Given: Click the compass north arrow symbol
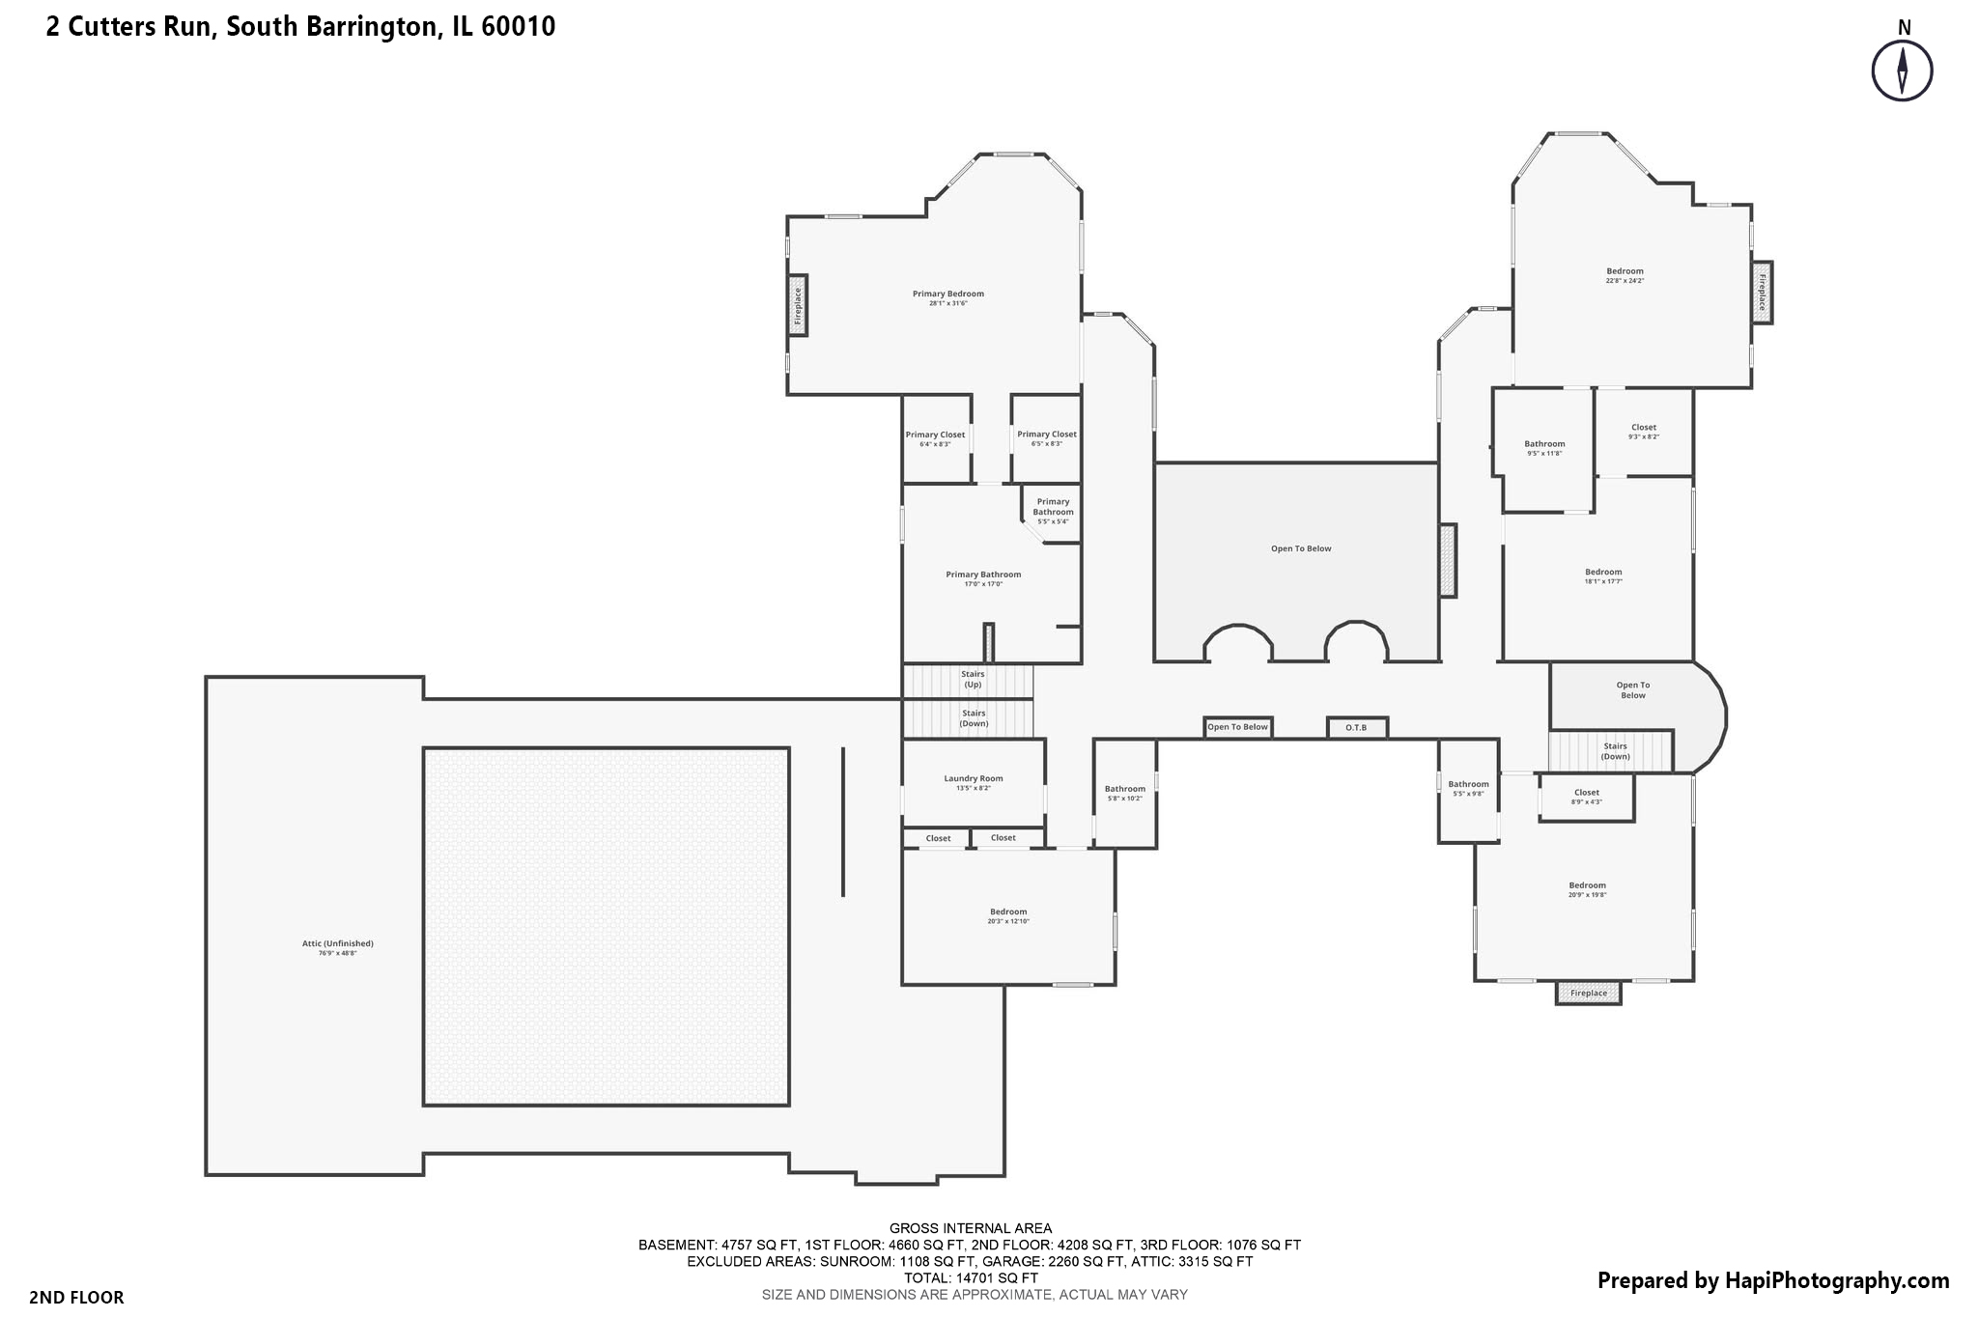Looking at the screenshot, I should tap(1902, 70).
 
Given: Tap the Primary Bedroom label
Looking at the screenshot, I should tap(947, 294).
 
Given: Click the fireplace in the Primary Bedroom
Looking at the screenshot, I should tap(798, 306).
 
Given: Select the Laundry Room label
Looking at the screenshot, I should tap(973, 779).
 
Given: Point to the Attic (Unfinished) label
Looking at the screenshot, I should tap(337, 944).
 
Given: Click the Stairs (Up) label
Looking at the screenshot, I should tap(972, 679).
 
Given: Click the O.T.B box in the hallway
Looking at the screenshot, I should tap(1356, 728).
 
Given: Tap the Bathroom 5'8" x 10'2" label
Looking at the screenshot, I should tap(1124, 790).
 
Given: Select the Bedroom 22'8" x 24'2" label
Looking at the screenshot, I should tap(1625, 272).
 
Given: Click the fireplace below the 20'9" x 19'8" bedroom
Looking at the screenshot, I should tap(1588, 994).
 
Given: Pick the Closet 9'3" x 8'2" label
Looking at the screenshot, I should tap(1643, 428).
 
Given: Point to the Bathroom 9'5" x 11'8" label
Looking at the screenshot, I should tap(1544, 445).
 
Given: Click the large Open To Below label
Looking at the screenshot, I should tap(1300, 549).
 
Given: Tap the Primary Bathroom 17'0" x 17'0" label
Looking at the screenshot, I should tap(983, 575).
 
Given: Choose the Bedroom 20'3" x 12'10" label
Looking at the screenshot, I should tap(1007, 912).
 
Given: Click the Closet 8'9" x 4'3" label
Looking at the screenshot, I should tap(1586, 794).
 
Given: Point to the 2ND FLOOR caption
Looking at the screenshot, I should tap(76, 1298).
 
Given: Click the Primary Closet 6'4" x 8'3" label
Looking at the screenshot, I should tap(935, 435).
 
